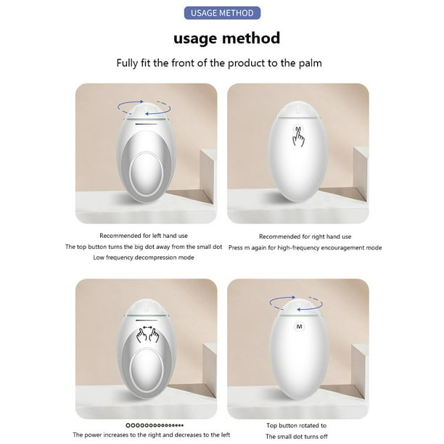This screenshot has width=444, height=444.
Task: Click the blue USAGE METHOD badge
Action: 222,13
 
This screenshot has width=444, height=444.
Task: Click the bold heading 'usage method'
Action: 226,38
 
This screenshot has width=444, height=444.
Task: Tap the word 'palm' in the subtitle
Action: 310,63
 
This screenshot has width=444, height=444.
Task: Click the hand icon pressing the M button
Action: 298,136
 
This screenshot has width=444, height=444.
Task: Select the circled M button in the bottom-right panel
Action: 300,326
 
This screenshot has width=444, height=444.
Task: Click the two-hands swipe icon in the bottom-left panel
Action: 147,334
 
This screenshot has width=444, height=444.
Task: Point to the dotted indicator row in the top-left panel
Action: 146,124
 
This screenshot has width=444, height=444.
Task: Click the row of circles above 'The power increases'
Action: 155,425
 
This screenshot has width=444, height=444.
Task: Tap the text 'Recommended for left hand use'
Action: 144,236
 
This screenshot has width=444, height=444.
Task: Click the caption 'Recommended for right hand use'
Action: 305,237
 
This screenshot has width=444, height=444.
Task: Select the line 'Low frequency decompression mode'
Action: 144,258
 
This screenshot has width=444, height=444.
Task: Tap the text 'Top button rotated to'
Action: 297,425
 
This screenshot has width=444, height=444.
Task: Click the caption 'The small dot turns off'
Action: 297,436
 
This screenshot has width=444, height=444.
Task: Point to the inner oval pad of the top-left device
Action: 146,170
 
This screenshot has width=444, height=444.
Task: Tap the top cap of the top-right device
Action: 298,110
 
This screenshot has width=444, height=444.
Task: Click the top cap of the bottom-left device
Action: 146,307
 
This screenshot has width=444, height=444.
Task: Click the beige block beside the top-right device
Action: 360,173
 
